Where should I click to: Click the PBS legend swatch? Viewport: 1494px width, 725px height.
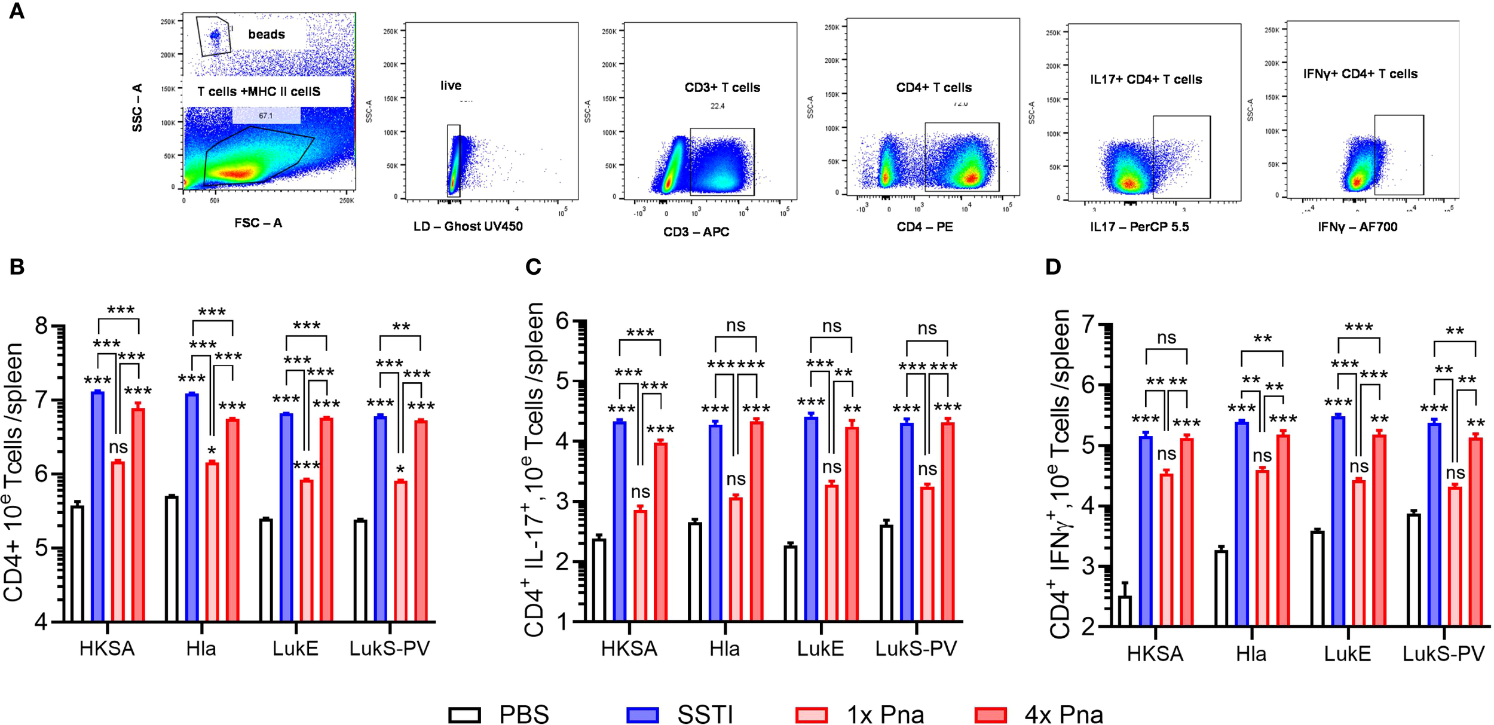coord(464,714)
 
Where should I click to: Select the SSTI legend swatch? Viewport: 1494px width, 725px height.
coord(642,714)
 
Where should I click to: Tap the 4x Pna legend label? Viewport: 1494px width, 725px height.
coord(1063,714)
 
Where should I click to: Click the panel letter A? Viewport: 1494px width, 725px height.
coord(16,11)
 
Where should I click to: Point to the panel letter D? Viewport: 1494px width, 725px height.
coord(1053,266)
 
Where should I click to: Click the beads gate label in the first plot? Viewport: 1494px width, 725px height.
coord(267,34)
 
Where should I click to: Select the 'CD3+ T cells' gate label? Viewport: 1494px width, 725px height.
coord(722,87)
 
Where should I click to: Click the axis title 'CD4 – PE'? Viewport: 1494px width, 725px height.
coord(924,227)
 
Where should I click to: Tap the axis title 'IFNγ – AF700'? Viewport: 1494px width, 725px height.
coord(1357,227)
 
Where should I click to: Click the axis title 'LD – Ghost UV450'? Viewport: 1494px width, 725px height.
coord(468,226)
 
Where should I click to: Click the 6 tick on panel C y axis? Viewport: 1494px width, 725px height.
coord(562,321)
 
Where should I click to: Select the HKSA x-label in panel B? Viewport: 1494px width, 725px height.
coord(107,649)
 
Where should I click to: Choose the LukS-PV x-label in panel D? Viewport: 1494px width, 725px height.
coord(1443,653)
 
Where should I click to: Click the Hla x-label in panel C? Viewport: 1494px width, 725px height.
coord(724,649)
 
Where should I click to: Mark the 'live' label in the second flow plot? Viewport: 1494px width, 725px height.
coord(451,85)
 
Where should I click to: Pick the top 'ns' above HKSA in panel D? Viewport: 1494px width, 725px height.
coord(1166,338)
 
